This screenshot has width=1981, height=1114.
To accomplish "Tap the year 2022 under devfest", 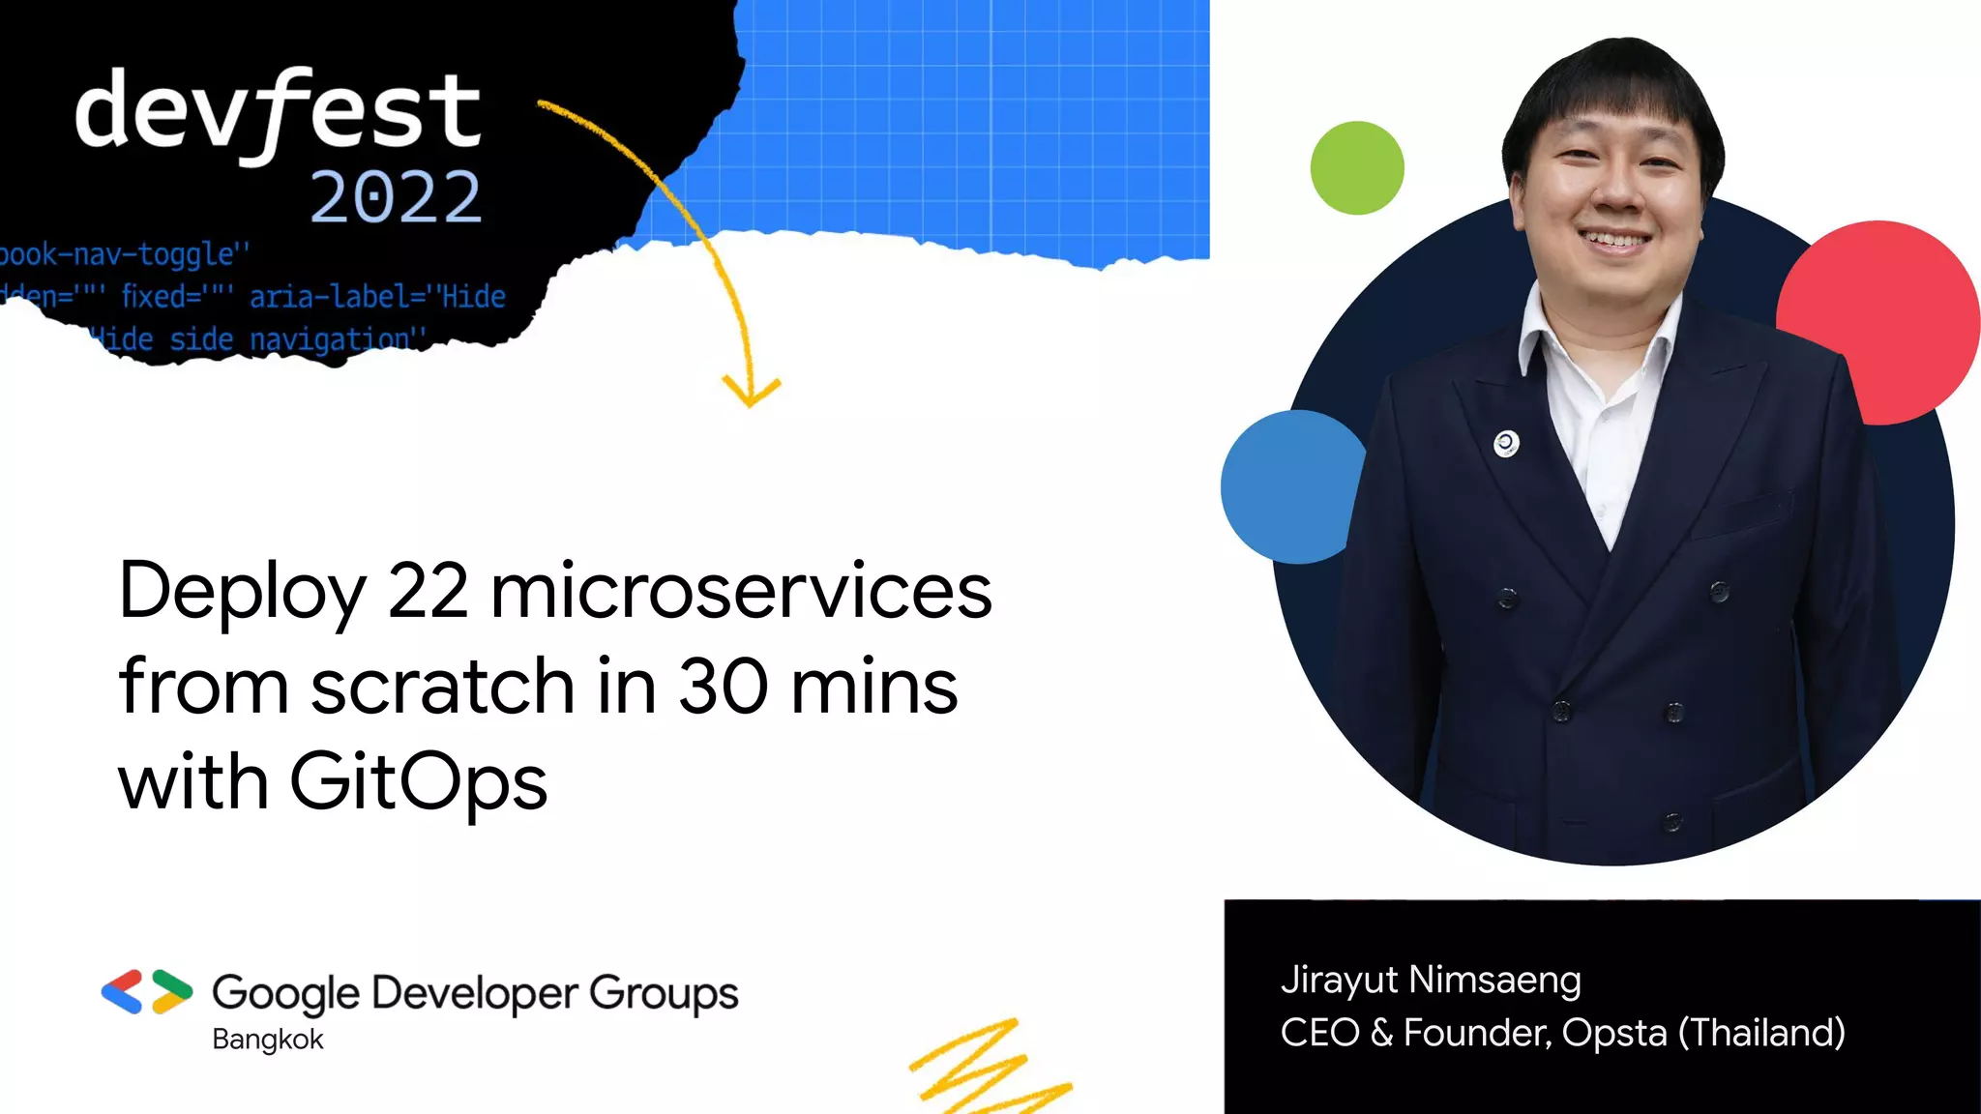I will point(395,197).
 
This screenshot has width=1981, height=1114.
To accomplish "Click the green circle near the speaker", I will point(1356,167).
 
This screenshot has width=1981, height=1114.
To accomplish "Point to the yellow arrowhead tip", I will point(750,403).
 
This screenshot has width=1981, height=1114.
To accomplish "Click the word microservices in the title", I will point(741,591).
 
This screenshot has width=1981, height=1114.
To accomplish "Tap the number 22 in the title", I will point(428,591).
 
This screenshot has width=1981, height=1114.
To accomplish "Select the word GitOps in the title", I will point(418,782).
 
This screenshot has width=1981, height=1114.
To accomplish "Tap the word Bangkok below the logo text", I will point(268,1040).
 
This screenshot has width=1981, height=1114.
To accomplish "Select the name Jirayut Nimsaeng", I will point(1431,980).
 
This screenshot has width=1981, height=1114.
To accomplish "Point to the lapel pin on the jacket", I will point(1506,444).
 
